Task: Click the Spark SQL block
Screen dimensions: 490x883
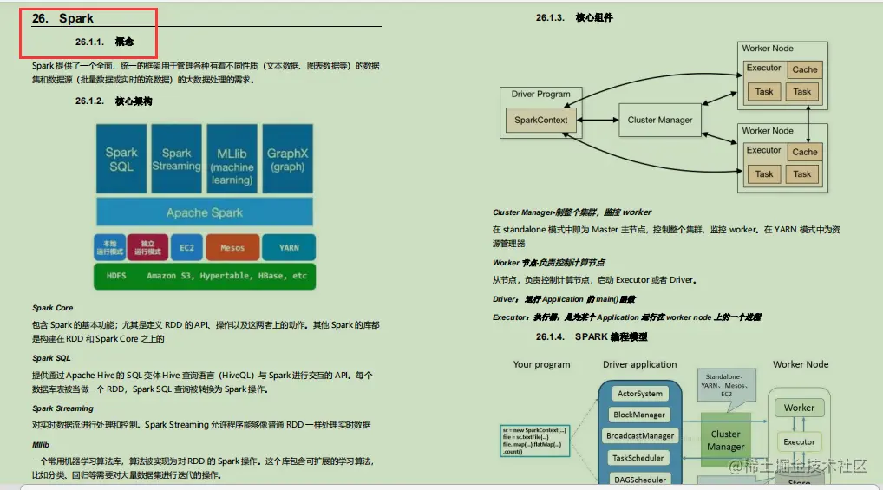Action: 121,159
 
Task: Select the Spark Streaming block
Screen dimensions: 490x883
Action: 176,159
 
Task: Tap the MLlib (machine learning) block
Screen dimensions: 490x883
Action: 232,159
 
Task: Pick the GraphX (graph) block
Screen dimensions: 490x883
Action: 288,159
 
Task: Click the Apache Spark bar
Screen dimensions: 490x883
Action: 205,212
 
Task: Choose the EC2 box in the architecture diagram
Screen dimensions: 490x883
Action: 188,247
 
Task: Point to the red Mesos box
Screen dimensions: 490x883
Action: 232,247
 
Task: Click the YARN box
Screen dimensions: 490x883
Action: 289,247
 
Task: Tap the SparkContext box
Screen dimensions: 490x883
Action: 540,120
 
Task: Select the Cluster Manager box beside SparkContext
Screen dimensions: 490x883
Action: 660,120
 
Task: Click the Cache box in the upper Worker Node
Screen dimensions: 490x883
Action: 804,70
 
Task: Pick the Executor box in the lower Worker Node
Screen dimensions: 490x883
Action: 764,150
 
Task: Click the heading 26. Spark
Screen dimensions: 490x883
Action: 62,18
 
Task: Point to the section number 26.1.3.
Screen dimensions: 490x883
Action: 550,17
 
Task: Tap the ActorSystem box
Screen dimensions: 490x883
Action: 639,394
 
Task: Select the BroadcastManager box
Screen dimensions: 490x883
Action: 640,436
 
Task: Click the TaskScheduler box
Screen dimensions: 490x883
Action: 638,458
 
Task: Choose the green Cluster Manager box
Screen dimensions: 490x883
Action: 726,440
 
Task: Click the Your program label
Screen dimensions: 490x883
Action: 541,364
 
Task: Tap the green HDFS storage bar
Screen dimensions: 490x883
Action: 205,276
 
